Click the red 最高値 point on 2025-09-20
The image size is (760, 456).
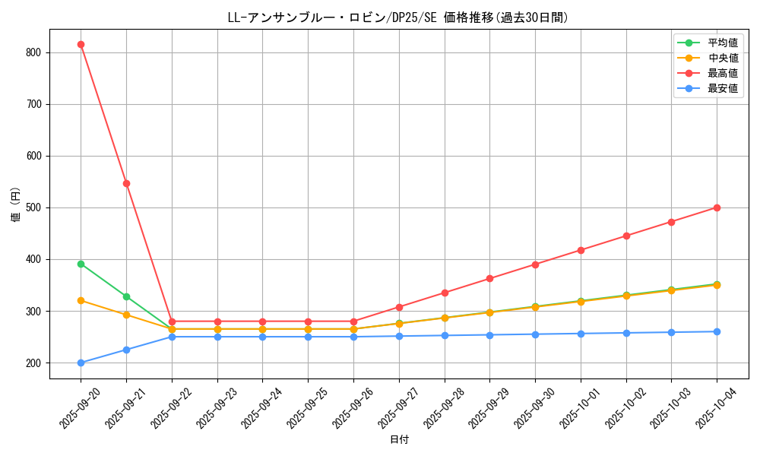point(81,44)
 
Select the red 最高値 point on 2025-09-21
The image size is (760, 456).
point(126,183)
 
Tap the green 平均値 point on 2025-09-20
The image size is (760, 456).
point(81,264)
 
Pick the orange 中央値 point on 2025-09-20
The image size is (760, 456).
point(81,300)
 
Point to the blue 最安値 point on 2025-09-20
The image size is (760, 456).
point(81,363)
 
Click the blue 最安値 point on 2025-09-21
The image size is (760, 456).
point(126,350)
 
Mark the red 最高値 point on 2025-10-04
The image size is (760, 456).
point(717,207)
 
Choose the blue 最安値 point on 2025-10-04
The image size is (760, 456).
point(717,331)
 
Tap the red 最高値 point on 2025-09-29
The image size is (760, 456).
point(489,278)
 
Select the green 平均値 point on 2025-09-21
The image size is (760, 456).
point(126,296)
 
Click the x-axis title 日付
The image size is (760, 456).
point(399,440)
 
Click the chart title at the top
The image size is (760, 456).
point(398,17)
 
